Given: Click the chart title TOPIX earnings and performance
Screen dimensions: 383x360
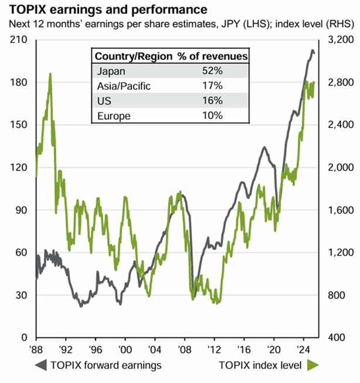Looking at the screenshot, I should pos(105,10).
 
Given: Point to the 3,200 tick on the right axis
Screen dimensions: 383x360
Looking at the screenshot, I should pos(338,40).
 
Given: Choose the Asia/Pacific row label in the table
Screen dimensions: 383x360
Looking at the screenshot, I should pos(123,86).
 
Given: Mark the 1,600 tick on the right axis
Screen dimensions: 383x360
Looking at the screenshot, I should pos(338,210).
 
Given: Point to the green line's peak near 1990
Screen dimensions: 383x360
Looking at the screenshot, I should pos(50,74).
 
